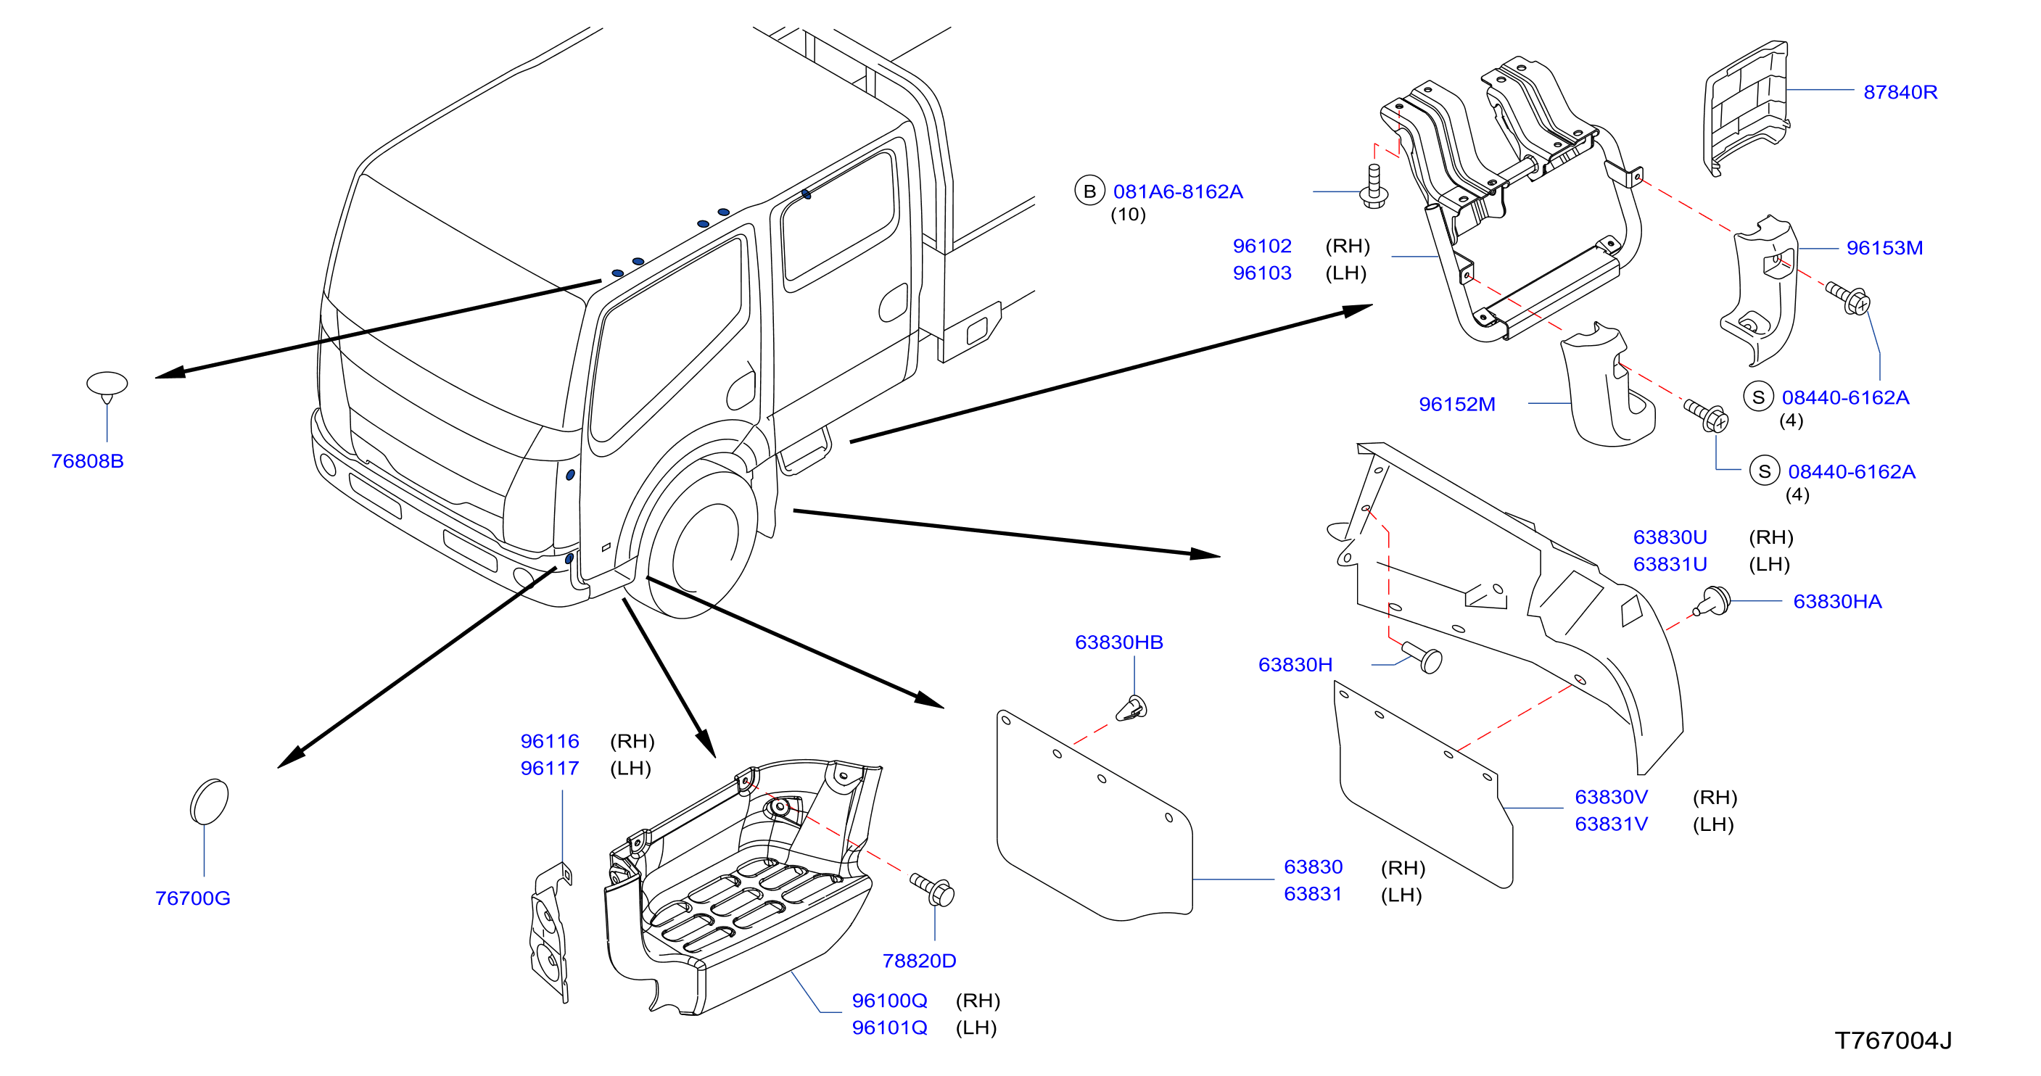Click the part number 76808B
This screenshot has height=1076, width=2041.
87,461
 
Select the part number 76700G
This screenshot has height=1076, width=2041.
192,898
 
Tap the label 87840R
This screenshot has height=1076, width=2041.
1900,92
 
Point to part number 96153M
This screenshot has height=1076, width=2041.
1884,248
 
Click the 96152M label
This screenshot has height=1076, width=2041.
1457,404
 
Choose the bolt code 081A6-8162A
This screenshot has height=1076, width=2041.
1178,191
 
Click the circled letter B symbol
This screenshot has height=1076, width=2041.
1089,191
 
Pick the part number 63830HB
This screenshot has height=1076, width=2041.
1118,642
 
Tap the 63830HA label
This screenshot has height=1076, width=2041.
1837,601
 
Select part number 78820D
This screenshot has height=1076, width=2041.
919,961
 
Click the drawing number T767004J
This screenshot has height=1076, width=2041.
1893,1040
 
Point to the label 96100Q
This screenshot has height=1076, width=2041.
889,1001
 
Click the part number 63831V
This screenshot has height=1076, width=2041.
1611,824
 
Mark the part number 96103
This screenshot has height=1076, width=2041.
1262,273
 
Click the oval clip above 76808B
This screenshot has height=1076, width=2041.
107,386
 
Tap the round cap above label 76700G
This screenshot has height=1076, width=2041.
209,802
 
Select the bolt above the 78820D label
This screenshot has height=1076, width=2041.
933,889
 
